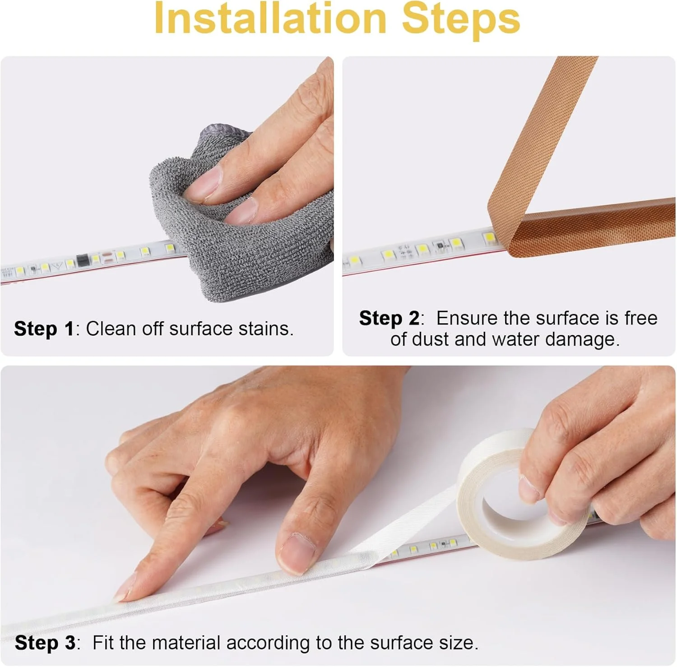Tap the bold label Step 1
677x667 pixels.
[44, 329]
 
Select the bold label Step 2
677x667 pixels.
[389, 319]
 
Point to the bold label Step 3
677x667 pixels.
[45, 643]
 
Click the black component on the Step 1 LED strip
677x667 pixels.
[82, 260]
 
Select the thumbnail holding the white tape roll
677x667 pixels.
[528, 489]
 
